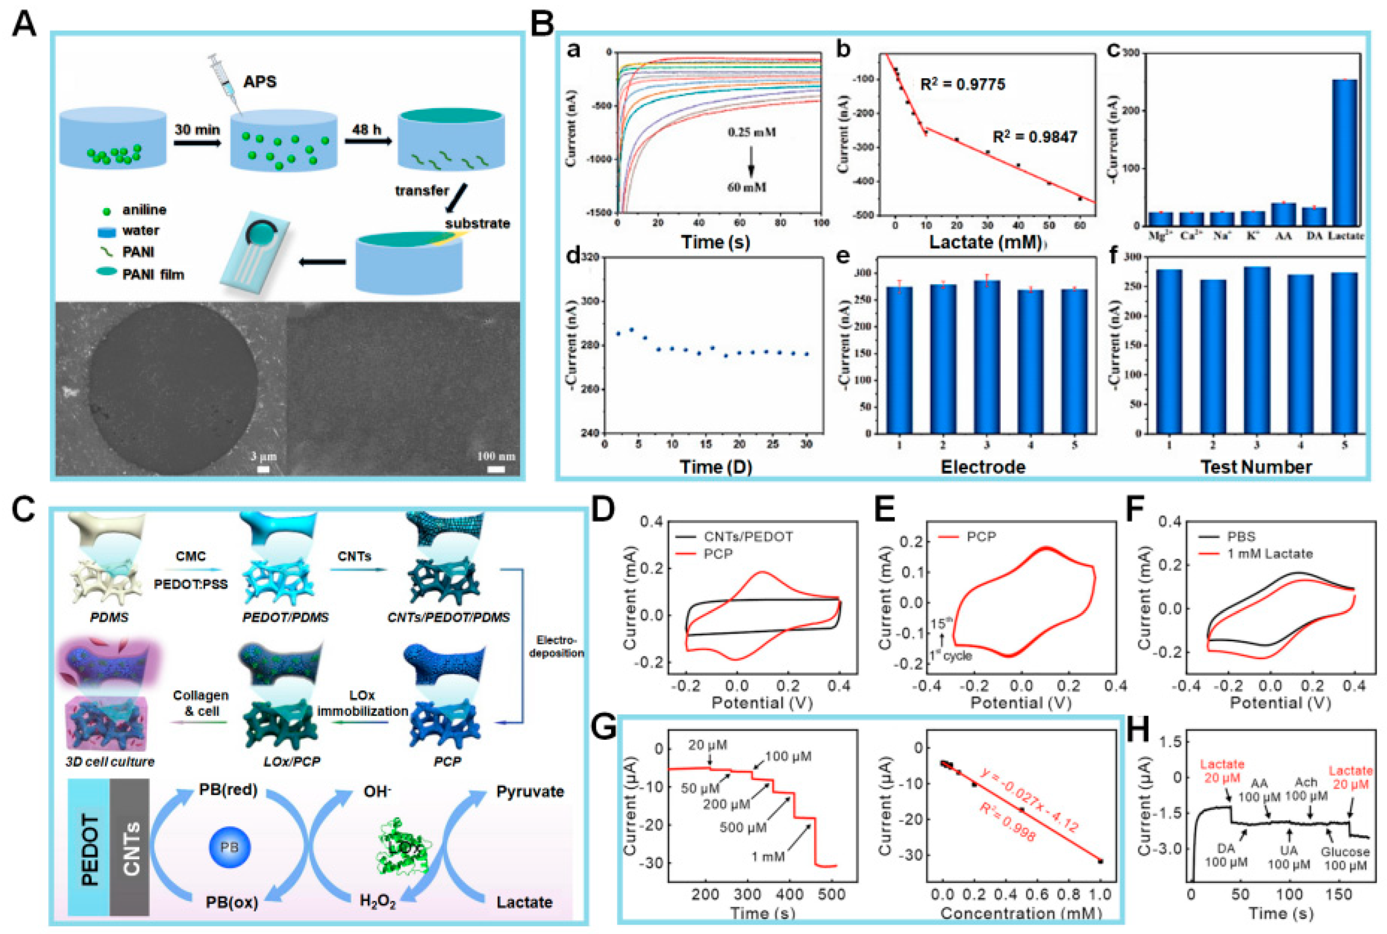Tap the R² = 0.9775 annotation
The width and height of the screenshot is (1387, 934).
pos(962,85)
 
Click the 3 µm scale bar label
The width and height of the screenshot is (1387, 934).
pos(263,457)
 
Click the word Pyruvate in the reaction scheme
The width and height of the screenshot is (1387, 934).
pos(530,792)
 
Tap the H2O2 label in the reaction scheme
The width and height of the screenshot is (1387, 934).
pos(378,902)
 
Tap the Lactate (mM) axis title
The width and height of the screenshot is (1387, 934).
pos(986,242)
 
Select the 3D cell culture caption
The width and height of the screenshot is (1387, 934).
pos(110,761)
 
